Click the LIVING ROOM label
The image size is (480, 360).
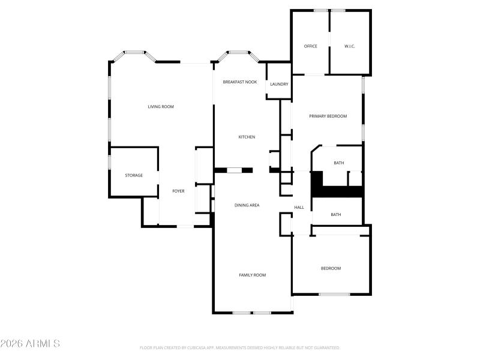point(161,107)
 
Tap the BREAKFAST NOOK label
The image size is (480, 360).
point(240,82)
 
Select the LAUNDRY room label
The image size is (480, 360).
point(279,84)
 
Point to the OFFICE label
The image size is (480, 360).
point(310,46)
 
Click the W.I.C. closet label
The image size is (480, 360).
point(350,46)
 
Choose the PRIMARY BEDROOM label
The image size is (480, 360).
point(328,116)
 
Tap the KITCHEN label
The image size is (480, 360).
point(247,137)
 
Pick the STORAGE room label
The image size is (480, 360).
point(134,175)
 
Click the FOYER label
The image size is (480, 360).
point(178,191)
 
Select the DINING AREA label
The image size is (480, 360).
point(247,205)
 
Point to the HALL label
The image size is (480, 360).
point(299,208)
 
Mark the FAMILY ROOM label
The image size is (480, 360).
point(253,275)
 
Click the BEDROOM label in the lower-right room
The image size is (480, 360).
point(331,268)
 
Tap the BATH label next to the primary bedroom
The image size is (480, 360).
point(339,163)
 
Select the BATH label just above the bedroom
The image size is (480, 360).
point(336,214)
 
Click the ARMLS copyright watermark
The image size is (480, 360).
point(30,344)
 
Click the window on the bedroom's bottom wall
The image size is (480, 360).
point(334,294)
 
